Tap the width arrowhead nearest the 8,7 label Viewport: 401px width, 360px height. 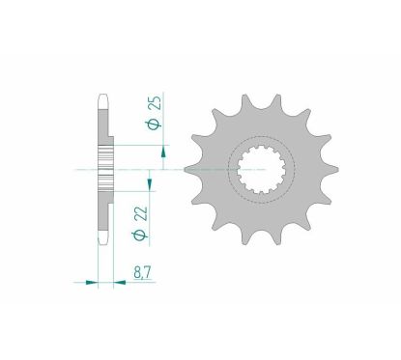(120, 283)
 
